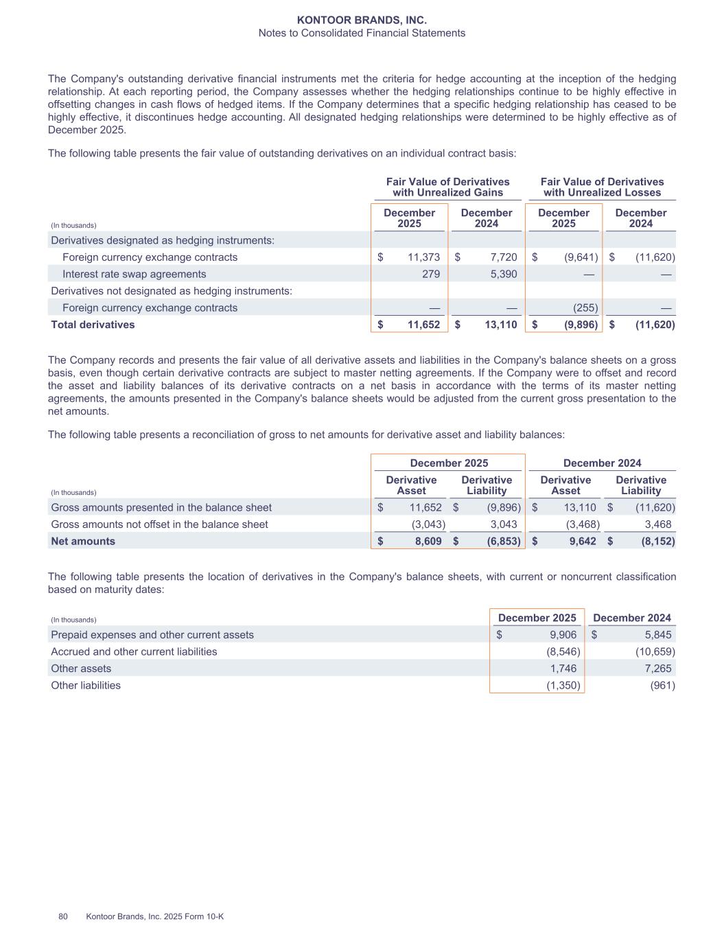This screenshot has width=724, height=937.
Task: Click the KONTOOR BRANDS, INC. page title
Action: (362, 21)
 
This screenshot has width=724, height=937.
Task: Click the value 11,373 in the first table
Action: (423, 257)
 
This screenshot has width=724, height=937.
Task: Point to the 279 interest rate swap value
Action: (430, 274)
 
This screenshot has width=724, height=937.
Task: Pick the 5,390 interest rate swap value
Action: (504, 274)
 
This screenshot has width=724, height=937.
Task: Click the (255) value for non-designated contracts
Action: (585, 308)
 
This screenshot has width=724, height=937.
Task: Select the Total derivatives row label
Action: (93, 325)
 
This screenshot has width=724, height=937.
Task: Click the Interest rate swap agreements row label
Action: (134, 274)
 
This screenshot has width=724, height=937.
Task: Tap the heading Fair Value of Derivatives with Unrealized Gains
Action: (447, 187)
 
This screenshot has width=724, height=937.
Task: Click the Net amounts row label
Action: (83, 541)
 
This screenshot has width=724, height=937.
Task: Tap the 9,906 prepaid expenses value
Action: (563, 635)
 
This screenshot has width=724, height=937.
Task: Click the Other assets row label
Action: (81, 669)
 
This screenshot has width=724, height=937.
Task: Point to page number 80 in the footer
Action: (63, 917)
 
